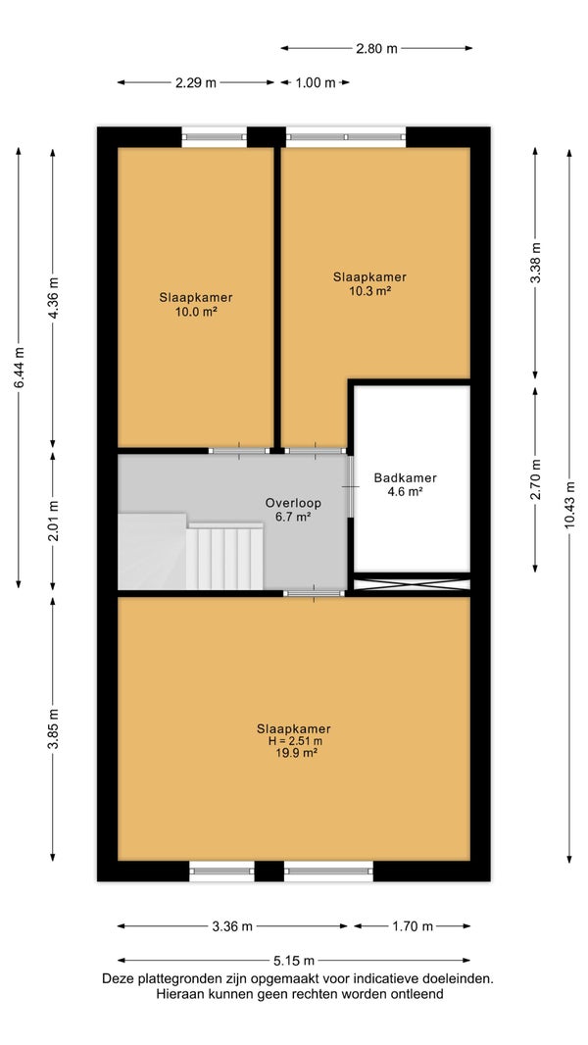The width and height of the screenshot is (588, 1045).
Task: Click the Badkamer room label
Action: click(x=405, y=477)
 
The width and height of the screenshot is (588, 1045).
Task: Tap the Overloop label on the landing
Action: click(x=288, y=503)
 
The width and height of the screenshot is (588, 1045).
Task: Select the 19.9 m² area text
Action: click(x=294, y=753)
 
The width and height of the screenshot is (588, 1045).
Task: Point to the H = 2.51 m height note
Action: click(x=294, y=741)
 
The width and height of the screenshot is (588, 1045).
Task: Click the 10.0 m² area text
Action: click(x=196, y=311)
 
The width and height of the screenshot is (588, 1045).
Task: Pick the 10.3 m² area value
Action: click(x=369, y=290)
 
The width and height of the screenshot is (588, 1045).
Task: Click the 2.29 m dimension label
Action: click(x=196, y=82)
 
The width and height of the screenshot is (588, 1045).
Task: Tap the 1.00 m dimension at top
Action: click(x=316, y=82)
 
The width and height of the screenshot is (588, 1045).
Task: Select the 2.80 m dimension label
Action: click(x=376, y=48)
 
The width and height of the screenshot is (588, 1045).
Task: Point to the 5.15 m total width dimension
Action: click(x=294, y=961)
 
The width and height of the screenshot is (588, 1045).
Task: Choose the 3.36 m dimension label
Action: click(x=232, y=925)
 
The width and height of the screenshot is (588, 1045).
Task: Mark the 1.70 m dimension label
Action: click(x=412, y=925)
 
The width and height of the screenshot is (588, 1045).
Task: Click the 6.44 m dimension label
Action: click(x=19, y=368)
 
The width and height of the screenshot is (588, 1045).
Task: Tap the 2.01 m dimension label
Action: click(x=53, y=521)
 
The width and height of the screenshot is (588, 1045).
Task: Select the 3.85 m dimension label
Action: click(x=53, y=728)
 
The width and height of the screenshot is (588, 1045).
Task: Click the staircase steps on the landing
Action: click(x=224, y=557)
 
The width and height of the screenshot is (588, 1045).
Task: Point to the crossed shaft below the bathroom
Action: click(x=411, y=585)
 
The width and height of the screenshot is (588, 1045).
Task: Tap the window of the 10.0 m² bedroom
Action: click(x=215, y=136)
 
